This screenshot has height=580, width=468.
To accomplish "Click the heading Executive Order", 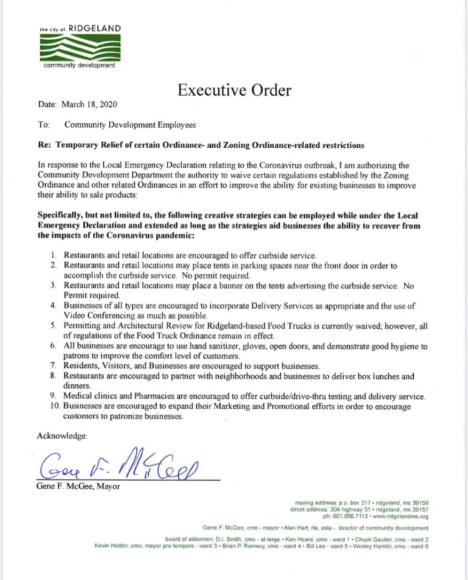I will click(234, 91).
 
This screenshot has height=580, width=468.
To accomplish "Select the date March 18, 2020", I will click(90, 105).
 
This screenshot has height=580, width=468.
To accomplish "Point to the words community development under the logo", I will click(79, 66).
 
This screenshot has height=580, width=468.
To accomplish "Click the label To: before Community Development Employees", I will click(43, 124).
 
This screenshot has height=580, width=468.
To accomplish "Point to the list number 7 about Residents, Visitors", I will click(53, 366).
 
